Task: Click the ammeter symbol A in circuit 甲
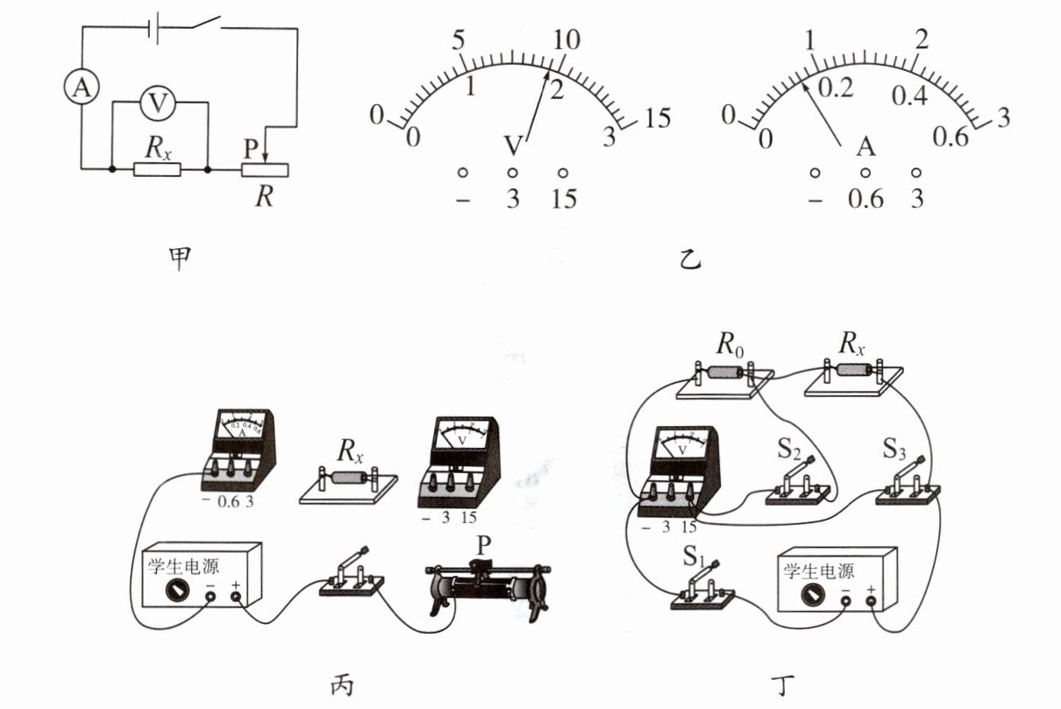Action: point(82,88)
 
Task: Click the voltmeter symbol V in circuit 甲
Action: point(159,103)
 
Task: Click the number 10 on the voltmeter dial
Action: point(566,39)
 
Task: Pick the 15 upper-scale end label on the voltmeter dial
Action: point(659,118)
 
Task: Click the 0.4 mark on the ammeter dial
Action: point(908,96)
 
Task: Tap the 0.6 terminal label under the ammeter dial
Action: point(865,200)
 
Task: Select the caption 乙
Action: point(691,259)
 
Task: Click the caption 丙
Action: point(343,684)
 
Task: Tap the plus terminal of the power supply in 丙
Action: point(236,599)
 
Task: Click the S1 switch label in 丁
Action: point(686,556)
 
